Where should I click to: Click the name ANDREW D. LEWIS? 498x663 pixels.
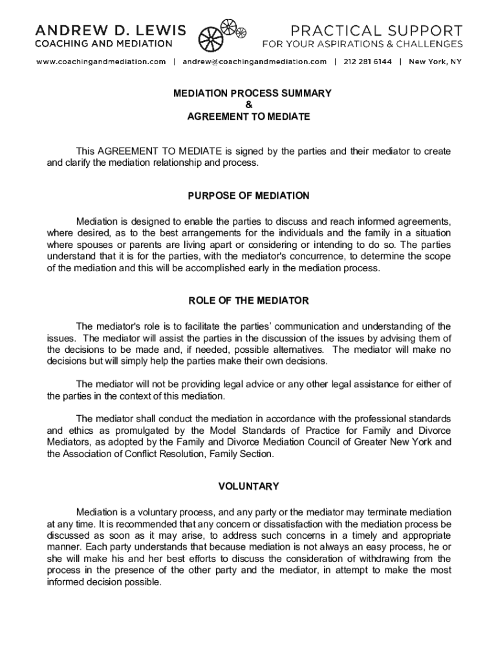pos(110,30)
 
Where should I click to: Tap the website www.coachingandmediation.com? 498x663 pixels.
pos(101,62)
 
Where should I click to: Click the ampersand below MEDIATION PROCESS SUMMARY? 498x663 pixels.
pos(248,105)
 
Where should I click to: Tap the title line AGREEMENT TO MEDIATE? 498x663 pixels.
pos(248,117)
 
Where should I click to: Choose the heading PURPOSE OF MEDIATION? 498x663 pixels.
pos(248,196)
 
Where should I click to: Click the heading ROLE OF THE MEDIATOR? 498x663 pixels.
pos(248,301)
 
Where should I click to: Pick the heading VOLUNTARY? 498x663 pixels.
pos(248,486)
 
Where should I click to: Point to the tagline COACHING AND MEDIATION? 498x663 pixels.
pos(103,44)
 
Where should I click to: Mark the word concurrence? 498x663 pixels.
pos(274,256)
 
